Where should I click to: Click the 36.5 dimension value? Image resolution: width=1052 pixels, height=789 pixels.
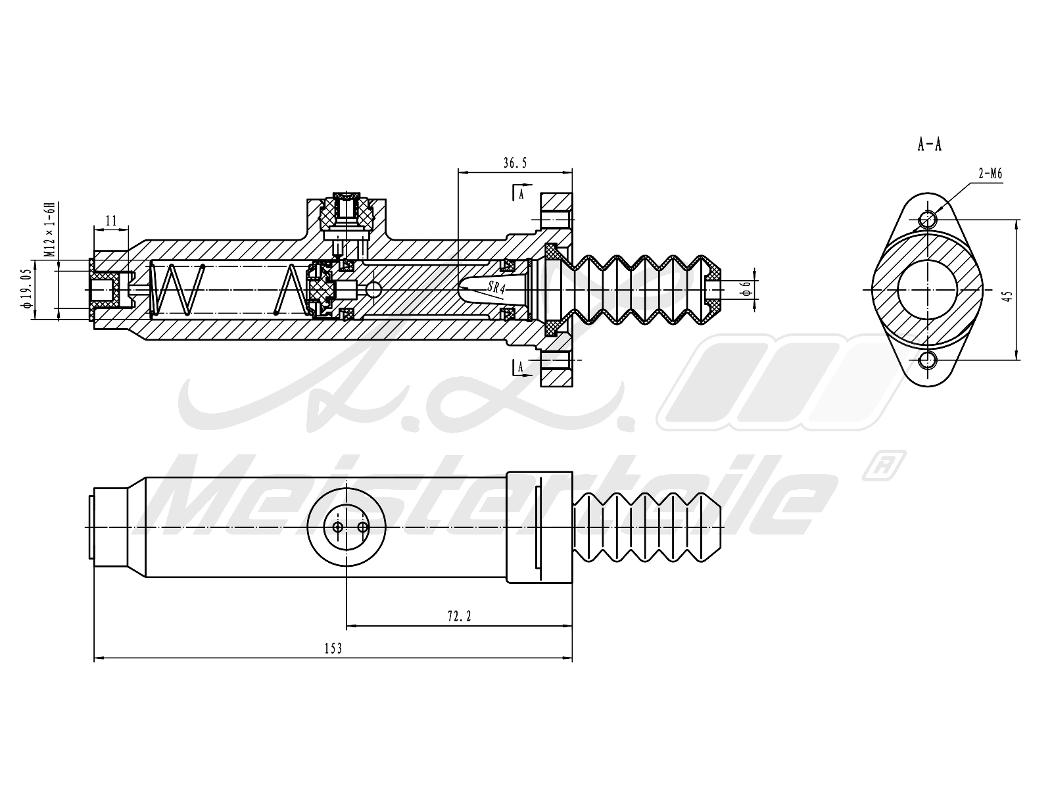tap(515, 163)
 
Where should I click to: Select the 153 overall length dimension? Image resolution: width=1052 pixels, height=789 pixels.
tap(333, 649)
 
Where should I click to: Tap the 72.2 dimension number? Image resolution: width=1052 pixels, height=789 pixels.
tap(459, 616)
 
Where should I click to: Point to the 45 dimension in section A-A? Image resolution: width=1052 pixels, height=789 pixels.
tap(1008, 296)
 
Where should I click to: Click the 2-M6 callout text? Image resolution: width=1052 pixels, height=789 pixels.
tap(990, 174)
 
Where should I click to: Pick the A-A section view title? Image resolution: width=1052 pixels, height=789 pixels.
tap(929, 144)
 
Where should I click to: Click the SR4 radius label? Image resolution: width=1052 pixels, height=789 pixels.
tap(496, 288)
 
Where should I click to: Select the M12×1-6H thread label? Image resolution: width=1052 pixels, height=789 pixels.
tap(51, 230)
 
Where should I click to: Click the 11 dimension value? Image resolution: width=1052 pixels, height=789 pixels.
tap(110, 221)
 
